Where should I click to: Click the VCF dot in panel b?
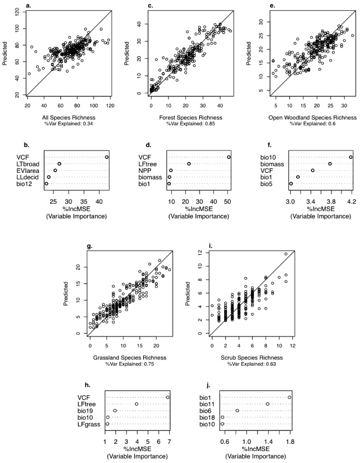click(x=107, y=157)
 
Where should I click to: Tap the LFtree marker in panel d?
click(x=189, y=164)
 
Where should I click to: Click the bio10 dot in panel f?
click(x=351, y=157)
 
